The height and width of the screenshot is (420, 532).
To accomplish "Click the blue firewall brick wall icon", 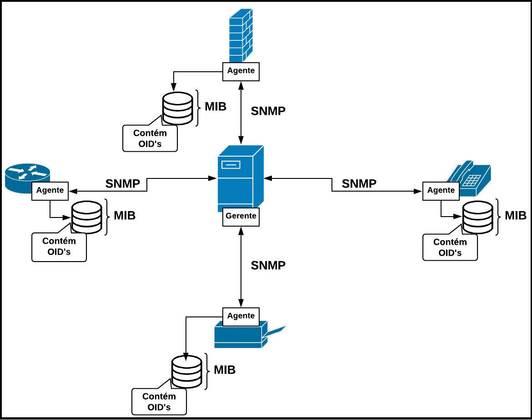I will [x=241, y=35].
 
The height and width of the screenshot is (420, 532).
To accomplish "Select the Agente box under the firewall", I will [x=241, y=71].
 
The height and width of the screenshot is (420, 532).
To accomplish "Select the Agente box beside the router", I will [x=50, y=191].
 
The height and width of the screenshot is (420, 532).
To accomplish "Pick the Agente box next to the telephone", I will [x=441, y=191].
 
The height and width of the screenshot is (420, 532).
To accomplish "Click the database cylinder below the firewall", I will [x=177, y=108].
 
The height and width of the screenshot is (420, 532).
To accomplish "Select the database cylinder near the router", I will [x=86, y=217].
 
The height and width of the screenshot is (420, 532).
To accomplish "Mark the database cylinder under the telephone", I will [x=477, y=217].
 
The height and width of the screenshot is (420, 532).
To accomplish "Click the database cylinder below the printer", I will [x=186, y=371].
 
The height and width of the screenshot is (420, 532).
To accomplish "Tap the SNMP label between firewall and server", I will [x=268, y=111].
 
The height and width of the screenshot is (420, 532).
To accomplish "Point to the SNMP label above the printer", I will [x=268, y=266].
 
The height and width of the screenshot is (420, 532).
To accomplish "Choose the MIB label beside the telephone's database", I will [x=516, y=216].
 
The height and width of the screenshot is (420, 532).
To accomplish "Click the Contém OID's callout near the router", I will [x=59, y=247].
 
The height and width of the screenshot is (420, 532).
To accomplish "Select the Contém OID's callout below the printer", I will [x=159, y=401].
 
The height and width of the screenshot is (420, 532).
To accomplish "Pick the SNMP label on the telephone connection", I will [x=359, y=184].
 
